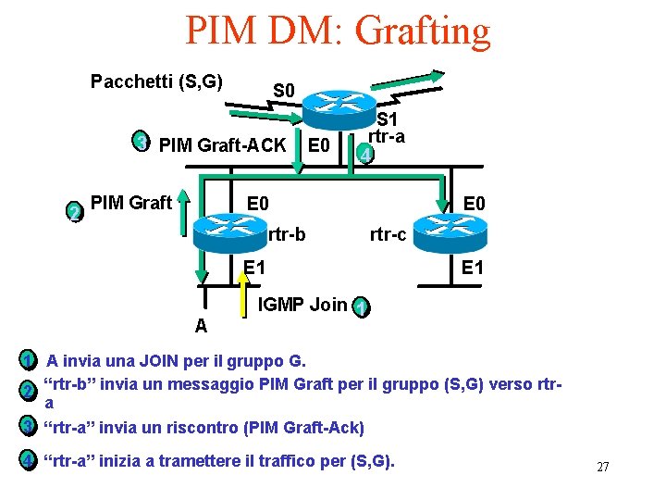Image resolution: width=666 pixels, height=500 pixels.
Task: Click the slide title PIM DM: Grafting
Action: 338,30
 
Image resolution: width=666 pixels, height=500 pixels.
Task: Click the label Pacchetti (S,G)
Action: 156,81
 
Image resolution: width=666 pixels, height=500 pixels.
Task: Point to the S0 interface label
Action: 284,91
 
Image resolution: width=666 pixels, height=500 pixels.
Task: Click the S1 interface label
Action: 387,119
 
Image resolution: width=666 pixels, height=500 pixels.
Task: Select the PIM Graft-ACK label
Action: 222,144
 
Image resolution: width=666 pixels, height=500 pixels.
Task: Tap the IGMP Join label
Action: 302,304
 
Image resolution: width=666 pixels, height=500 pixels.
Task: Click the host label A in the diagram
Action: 201,326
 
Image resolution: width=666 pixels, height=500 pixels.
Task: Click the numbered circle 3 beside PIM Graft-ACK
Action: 140,142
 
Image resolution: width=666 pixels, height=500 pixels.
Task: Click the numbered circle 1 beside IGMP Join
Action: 361,306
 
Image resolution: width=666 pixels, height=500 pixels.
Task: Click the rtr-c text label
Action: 388,235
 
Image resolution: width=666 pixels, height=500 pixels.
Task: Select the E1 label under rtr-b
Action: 254,269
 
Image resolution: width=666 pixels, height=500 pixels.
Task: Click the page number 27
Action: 602,467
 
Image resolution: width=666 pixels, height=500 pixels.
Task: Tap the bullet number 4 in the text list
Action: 29,459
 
